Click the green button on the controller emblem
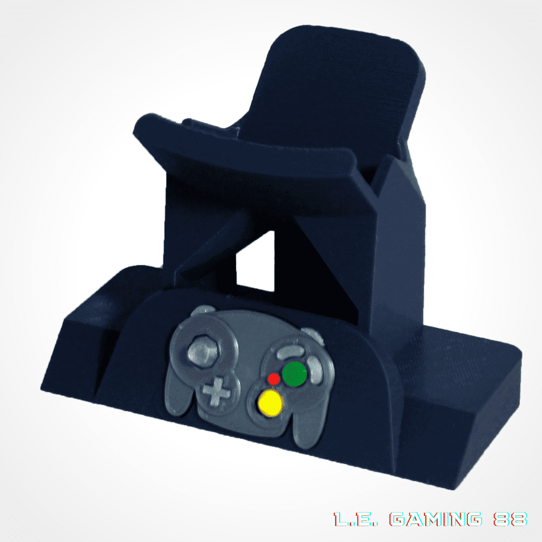click(295, 374)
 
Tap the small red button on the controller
click(274, 379)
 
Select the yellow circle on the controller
click(270, 402)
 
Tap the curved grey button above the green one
click(291, 352)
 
